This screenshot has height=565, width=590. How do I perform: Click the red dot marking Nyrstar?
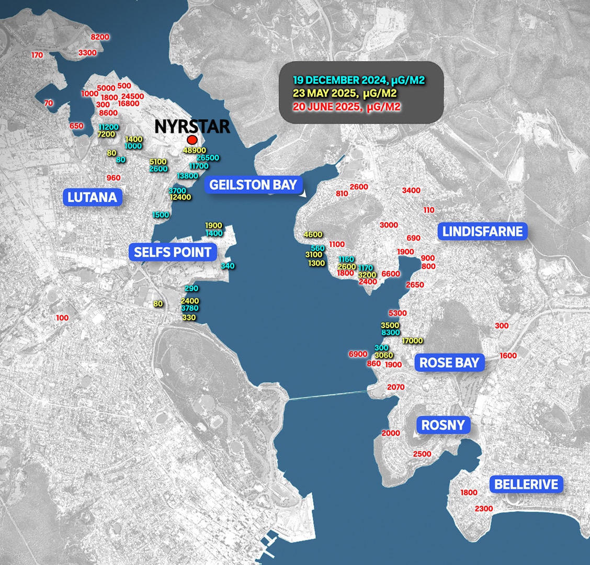click(192, 140)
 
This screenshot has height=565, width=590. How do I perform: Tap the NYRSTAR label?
click(192, 127)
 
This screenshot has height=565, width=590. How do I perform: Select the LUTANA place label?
click(92, 197)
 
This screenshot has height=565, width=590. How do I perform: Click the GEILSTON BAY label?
click(253, 185)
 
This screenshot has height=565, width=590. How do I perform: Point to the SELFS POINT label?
click(173, 252)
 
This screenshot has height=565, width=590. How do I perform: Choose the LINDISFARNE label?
click(482, 231)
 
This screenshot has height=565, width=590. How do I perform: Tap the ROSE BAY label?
click(449, 363)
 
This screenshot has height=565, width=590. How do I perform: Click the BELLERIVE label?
click(526, 484)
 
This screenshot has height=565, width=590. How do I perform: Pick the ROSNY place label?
click(443, 425)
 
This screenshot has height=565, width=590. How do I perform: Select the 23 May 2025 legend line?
click(345, 94)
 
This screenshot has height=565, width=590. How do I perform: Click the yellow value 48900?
click(195, 150)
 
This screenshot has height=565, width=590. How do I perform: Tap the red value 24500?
click(132, 96)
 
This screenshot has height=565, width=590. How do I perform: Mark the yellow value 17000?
click(412, 341)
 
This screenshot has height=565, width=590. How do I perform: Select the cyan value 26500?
click(208, 157)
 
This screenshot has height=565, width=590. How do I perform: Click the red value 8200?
click(100, 37)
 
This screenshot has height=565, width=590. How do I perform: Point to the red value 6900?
click(358, 354)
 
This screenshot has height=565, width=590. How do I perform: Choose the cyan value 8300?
click(391, 332)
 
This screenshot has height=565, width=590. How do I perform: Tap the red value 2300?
click(484, 508)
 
